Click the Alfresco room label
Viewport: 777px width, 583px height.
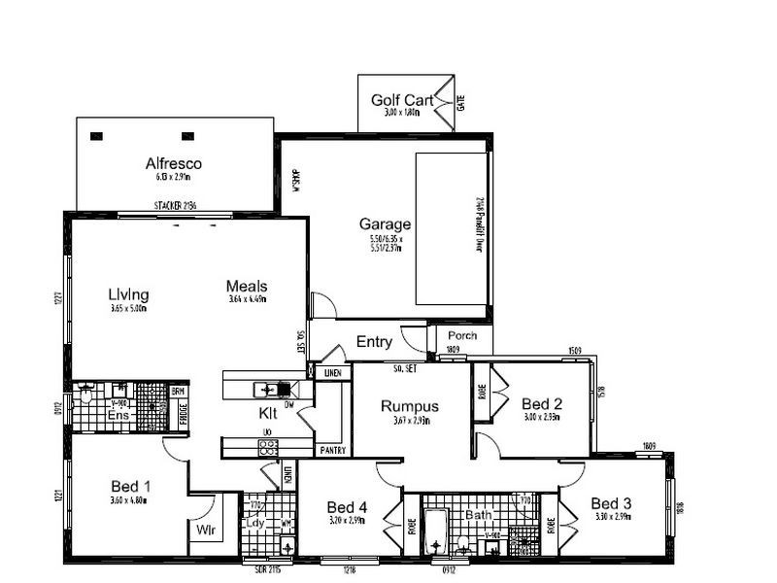coord(173,163)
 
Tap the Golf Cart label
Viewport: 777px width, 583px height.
coord(401,100)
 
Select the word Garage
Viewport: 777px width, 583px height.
coord(386,224)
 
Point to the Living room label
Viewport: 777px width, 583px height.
coord(128,293)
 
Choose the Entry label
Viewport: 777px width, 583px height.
coord(374,341)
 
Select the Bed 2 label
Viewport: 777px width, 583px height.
coord(540,403)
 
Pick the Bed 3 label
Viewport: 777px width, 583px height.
coord(611,503)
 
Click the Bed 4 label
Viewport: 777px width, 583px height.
coord(347,507)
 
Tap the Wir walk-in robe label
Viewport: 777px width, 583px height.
coord(205,532)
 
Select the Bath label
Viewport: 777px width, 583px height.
coord(479,514)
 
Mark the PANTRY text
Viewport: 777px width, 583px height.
coord(332,451)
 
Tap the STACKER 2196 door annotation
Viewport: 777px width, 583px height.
coord(175,206)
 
